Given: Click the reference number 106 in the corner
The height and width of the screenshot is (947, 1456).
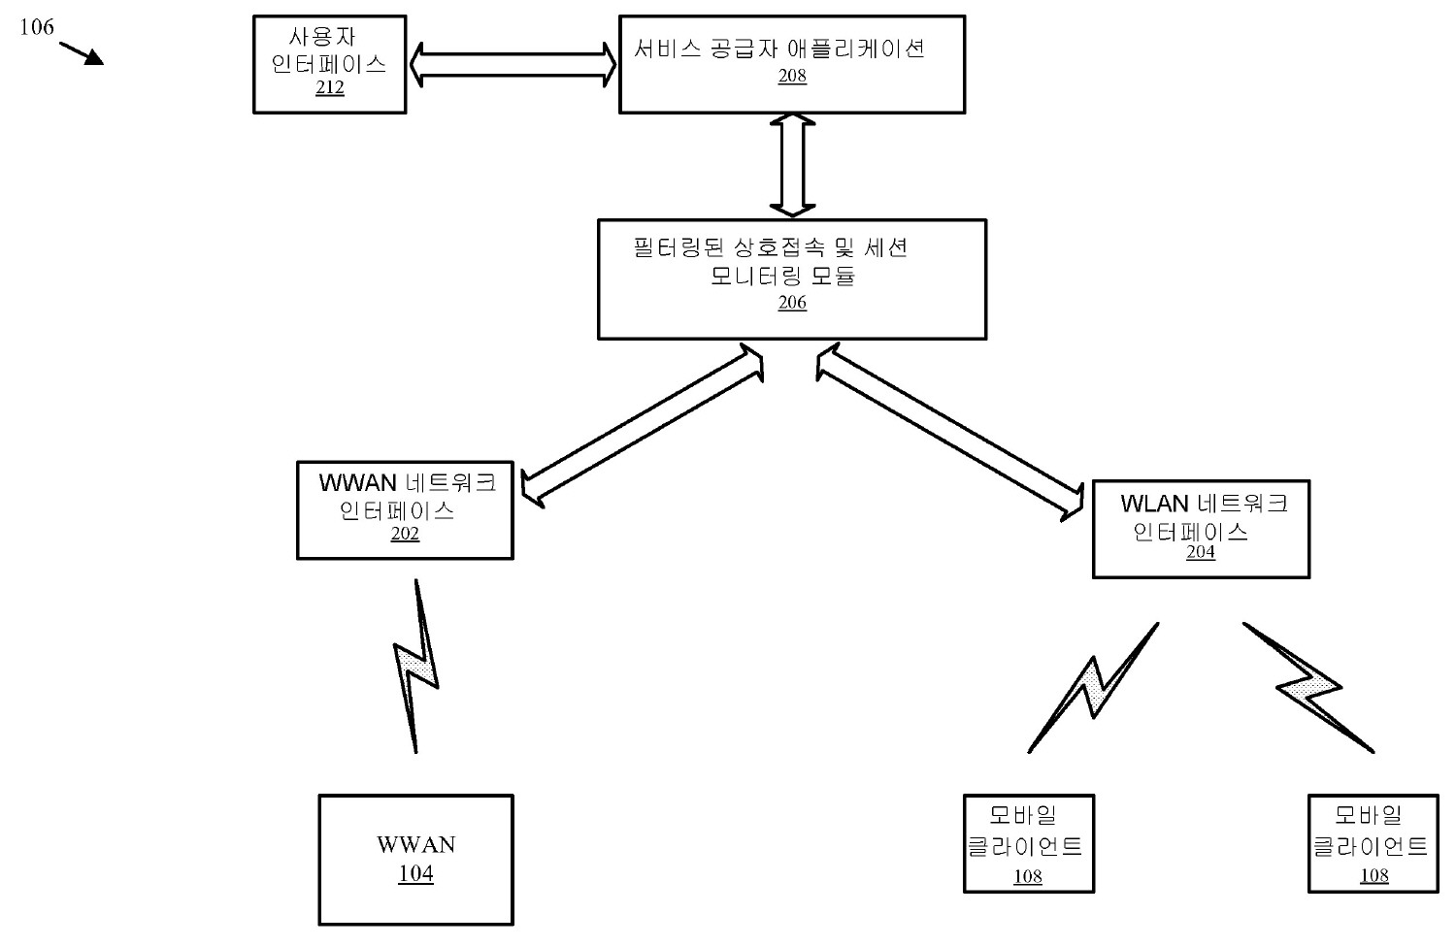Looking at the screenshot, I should coord(37,26).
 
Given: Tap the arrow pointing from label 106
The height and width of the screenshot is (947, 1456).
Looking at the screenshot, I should coord(83,52).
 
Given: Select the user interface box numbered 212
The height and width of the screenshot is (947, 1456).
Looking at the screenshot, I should coord(329,64).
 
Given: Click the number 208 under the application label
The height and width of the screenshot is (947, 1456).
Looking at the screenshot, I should coord(792,76).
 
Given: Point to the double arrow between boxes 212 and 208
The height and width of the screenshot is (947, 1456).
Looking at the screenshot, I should coord(513,64).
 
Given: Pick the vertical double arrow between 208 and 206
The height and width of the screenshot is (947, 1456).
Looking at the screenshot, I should coord(792,165).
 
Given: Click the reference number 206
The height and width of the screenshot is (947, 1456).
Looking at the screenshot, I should coord(792,303).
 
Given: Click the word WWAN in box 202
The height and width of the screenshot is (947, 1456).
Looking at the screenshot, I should coord(358,482).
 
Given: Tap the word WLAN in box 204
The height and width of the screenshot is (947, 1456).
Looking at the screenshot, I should coord(1154,504).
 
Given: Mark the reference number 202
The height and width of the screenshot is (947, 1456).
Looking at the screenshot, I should coord(405,534).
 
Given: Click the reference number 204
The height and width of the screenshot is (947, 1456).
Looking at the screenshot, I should coord(1201,552).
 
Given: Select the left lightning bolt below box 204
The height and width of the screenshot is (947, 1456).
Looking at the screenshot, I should coord(1094,687).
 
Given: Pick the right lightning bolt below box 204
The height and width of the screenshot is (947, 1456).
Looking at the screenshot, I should coord(1308,687).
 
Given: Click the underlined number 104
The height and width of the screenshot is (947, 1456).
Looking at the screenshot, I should coord(415,874).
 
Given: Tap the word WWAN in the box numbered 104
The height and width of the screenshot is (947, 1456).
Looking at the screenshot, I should coord(415,844).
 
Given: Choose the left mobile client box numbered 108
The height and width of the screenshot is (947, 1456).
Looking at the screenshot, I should coord(1028,843).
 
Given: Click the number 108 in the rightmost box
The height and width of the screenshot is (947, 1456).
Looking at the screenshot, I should coord(1374,876).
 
